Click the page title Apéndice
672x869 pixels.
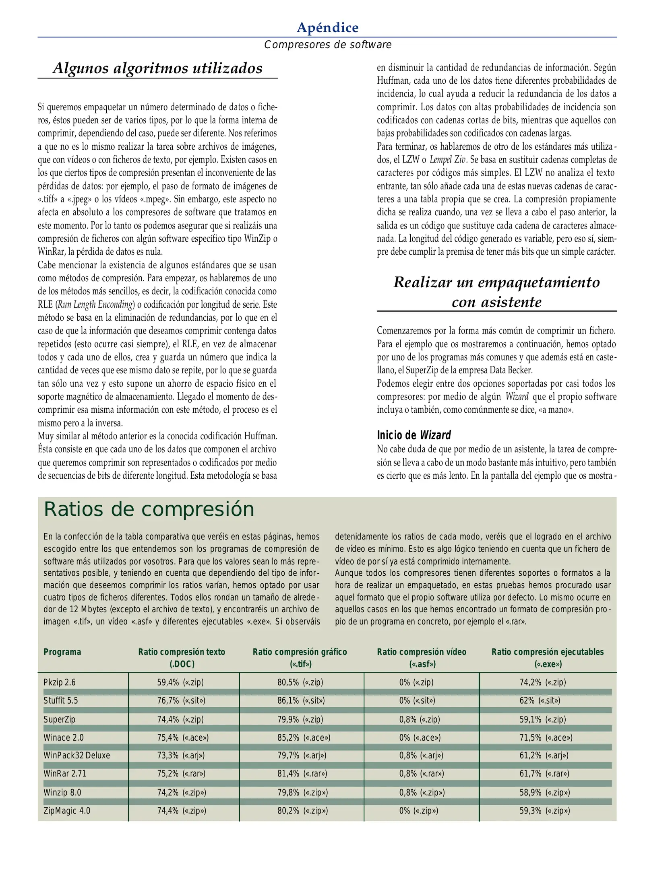327,27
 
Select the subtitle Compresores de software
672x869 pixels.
327,45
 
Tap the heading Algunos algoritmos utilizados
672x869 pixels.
157,68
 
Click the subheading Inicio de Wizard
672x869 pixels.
414,435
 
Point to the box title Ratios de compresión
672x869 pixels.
149,509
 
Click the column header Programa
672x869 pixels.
62,652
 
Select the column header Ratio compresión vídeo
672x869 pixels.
421,652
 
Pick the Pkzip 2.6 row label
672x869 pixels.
60,682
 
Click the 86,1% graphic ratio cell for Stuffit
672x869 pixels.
301,700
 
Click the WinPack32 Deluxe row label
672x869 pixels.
77,755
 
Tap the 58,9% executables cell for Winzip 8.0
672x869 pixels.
544,792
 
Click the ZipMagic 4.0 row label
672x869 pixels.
67,810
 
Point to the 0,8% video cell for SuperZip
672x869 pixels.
419,719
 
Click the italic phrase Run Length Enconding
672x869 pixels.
95,305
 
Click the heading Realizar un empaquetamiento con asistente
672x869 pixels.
496,292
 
